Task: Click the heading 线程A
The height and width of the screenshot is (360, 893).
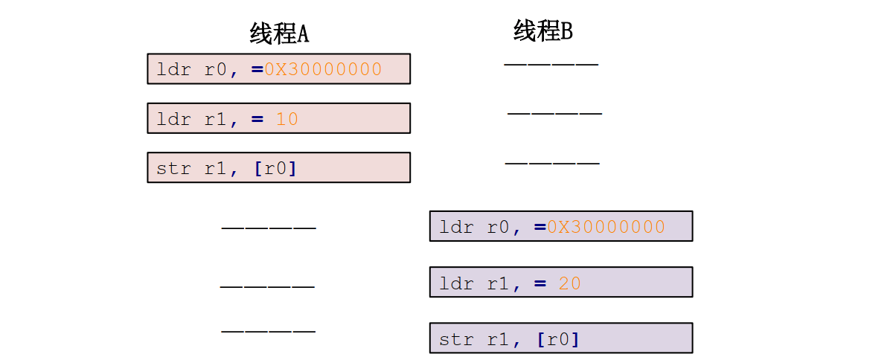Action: tap(279, 33)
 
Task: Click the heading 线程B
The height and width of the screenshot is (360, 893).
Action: tap(543, 31)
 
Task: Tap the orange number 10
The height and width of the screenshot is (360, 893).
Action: tap(287, 119)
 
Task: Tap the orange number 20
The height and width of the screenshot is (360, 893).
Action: tap(569, 283)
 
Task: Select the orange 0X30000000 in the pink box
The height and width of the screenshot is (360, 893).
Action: tap(323, 69)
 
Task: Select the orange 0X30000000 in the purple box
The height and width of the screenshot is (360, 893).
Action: tap(606, 227)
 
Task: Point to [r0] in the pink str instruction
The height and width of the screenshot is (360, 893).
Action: tap(275, 168)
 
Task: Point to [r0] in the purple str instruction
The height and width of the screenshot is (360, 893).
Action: tap(557, 339)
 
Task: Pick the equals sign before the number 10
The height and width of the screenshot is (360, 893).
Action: tap(257, 119)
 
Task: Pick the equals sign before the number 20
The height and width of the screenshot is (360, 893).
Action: tap(540, 283)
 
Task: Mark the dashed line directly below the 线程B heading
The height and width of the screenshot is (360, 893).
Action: tap(551, 64)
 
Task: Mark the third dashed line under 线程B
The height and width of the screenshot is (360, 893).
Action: tap(551, 162)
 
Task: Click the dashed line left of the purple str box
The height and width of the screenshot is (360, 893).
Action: tap(268, 330)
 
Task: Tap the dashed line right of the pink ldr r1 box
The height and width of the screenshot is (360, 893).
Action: tap(554, 113)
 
